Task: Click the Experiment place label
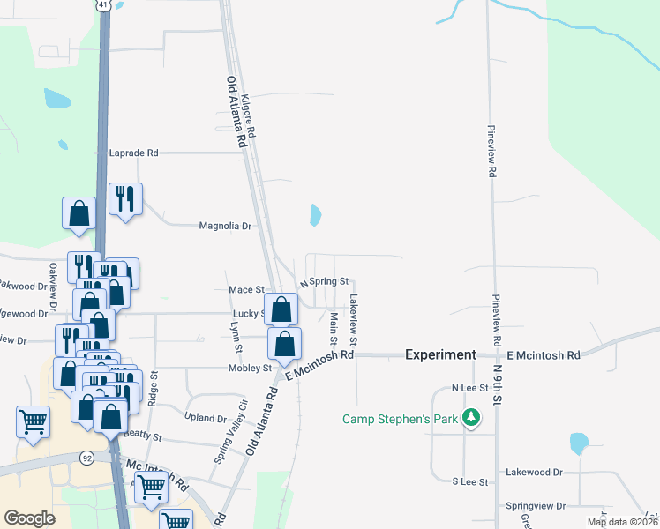440,354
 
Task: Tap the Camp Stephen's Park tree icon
472,418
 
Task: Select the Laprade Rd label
133,153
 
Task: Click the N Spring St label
326,283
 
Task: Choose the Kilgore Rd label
250,115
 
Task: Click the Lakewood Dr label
534,473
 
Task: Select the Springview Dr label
535,506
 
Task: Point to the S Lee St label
470,481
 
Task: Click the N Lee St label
470,388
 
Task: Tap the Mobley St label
250,368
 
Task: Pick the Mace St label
247,289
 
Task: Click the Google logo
29,518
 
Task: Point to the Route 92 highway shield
86,458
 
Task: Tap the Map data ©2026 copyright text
622,522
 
